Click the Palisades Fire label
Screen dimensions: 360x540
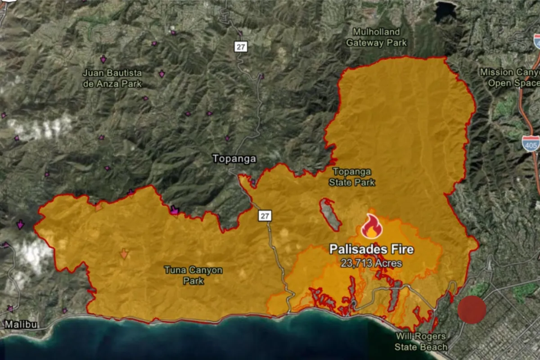click(x=371, y=249)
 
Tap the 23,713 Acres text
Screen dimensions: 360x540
click(x=372, y=263)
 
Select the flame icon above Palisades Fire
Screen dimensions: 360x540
click(x=372, y=226)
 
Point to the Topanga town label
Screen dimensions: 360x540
click(x=234, y=159)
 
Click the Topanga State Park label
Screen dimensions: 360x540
click(x=352, y=177)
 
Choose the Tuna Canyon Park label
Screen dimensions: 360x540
click(x=193, y=275)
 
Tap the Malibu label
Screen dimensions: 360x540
click(x=21, y=324)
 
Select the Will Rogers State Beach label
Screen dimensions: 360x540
click(x=421, y=342)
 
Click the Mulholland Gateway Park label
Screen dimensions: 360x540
click(x=376, y=37)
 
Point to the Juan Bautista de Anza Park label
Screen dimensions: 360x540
click(x=112, y=78)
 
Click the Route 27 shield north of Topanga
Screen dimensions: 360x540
click(x=241, y=46)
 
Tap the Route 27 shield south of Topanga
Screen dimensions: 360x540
click(x=265, y=216)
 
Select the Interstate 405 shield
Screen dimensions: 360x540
click(x=531, y=143)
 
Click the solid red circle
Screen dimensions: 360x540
click(x=472, y=310)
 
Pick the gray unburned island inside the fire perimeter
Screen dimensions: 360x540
click(x=331, y=214)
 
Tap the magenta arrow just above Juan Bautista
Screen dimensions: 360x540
click(x=103, y=59)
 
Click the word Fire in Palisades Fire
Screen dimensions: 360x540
click(x=401, y=249)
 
